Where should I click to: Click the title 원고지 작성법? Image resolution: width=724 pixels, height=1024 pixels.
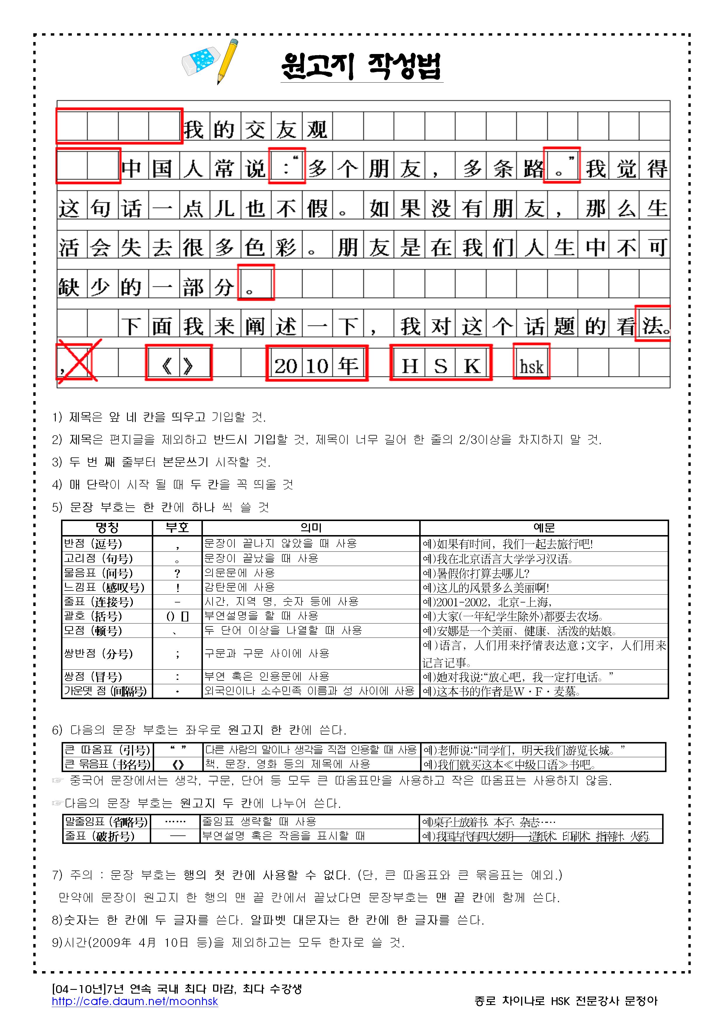[x=361, y=67]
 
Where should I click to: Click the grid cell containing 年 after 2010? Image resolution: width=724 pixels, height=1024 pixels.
[x=348, y=366]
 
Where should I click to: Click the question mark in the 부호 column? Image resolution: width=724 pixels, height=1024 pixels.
[x=177, y=573]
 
